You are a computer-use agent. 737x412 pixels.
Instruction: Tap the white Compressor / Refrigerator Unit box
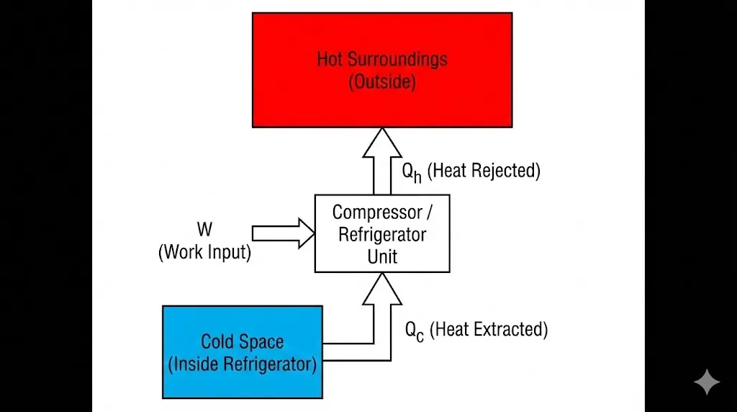(382, 233)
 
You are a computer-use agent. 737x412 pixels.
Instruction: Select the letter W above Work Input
(204, 230)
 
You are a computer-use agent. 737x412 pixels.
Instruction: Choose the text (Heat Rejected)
(484, 171)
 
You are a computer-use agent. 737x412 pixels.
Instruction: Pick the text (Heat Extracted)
(489, 329)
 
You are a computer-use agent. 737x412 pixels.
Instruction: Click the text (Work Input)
(204, 253)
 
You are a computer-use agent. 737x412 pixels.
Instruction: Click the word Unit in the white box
(382, 256)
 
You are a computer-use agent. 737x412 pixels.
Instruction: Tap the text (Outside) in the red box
(382, 81)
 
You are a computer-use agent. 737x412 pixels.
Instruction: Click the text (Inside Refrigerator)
(242, 364)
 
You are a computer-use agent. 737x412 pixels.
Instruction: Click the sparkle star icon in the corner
(706, 382)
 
